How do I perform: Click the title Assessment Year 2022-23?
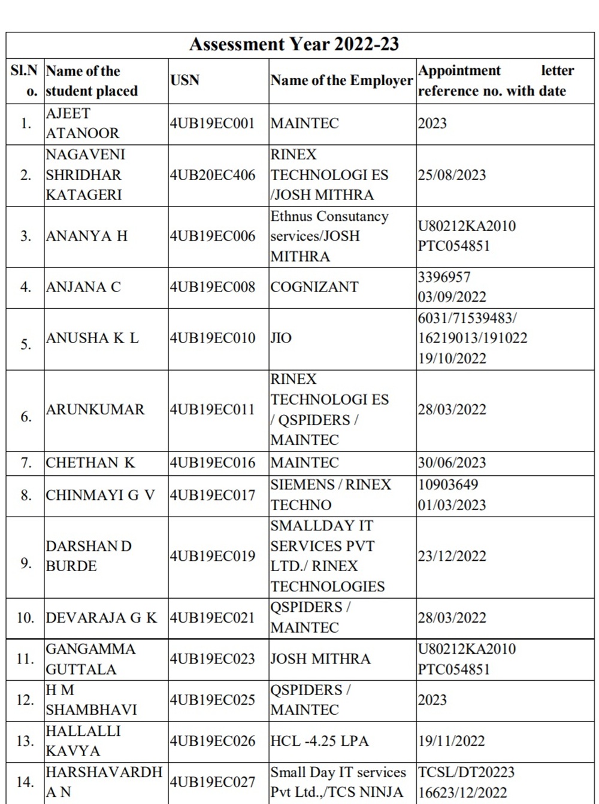coord(294,44)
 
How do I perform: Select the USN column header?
coord(184,80)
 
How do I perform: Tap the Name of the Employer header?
coord(341,80)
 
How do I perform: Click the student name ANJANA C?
coord(83,287)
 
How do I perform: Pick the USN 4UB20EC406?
coord(212,175)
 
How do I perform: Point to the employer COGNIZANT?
coord(314,287)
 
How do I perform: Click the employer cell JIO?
coord(281,338)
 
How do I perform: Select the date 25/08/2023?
coord(452,175)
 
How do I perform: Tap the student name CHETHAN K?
coord(90,463)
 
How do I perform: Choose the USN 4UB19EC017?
coord(212,495)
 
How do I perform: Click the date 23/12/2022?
coord(452,556)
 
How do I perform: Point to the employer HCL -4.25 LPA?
coord(319,741)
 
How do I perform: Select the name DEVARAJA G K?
coord(101,618)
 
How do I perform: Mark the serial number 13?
coord(25,741)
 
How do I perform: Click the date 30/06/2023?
coord(452,463)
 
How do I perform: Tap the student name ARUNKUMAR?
coord(95,409)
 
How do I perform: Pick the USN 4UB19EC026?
coord(212,741)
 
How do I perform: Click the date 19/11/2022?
coord(452,741)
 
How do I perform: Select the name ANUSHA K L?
coord(92,338)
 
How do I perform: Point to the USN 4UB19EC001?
coord(212,123)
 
